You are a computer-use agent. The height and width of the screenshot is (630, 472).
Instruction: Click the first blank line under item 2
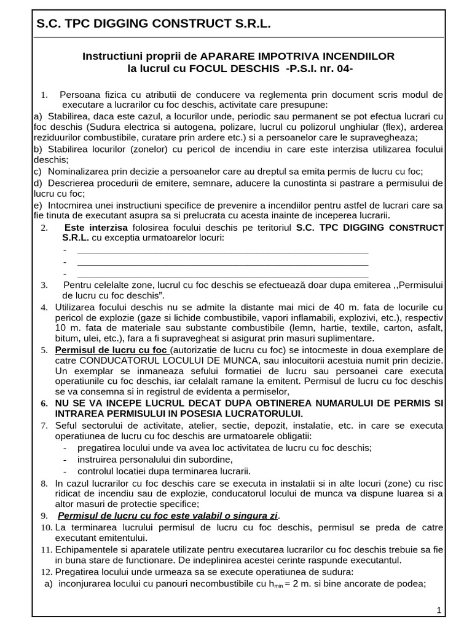(222, 250)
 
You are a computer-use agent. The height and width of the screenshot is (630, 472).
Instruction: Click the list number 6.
(44, 404)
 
